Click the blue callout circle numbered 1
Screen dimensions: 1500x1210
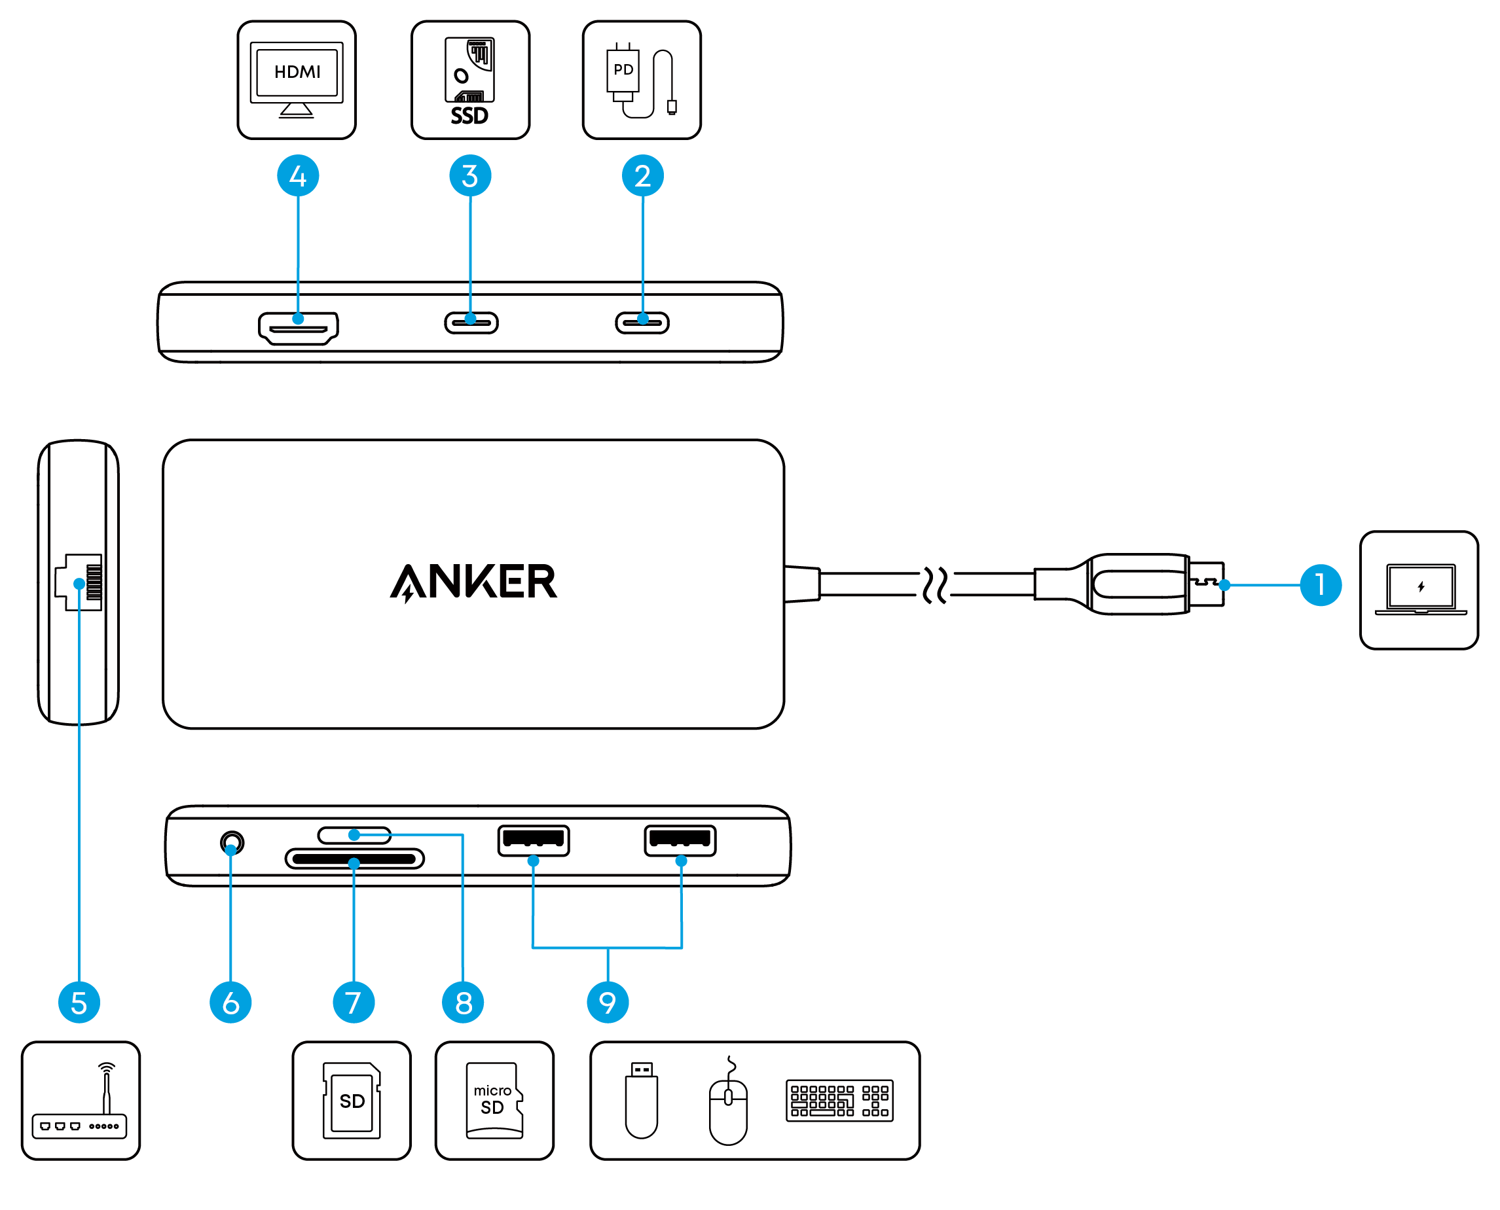(x=1319, y=585)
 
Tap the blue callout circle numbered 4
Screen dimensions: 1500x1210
(x=298, y=175)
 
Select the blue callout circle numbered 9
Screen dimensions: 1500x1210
(x=608, y=1003)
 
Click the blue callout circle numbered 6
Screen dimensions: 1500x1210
(x=230, y=1003)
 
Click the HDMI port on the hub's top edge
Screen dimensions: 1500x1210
(x=298, y=329)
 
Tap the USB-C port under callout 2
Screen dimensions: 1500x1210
(x=642, y=323)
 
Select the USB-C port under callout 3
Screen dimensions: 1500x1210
(x=471, y=323)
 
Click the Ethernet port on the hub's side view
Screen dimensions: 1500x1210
(x=79, y=582)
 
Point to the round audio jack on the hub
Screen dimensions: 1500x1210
(x=232, y=843)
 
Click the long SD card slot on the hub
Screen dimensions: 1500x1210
(x=354, y=859)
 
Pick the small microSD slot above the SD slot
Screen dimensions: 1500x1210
(x=354, y=835)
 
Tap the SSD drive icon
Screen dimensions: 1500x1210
(x=470, y=81)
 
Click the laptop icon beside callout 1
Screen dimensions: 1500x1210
(x=1420, y=590)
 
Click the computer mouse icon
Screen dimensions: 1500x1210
(x=728, y=1101)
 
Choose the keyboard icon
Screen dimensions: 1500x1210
(x=839, y=1101)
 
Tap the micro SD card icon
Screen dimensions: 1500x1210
(x=494, y=1101)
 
